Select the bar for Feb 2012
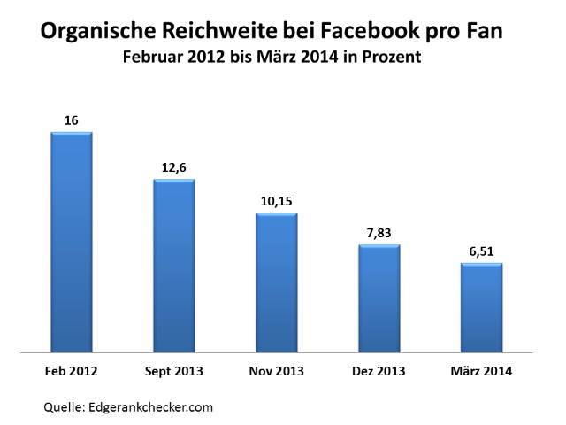coord(72,242)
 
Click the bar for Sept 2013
coord(174,266)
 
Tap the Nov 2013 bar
coord(277,282)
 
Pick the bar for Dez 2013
coord(379,298)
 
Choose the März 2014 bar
coord(482,307)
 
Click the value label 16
coord(72,120)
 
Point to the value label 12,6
coord(174,167)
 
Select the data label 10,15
coord(277,201)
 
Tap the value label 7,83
coord(379,233)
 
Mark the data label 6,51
coord(482,251)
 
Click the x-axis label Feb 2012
coord(72,370)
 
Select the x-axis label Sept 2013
coord(174,370)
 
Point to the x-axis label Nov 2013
coord(277,370)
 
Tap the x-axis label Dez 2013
coord(379,370)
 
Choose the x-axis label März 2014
coord(482,370)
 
